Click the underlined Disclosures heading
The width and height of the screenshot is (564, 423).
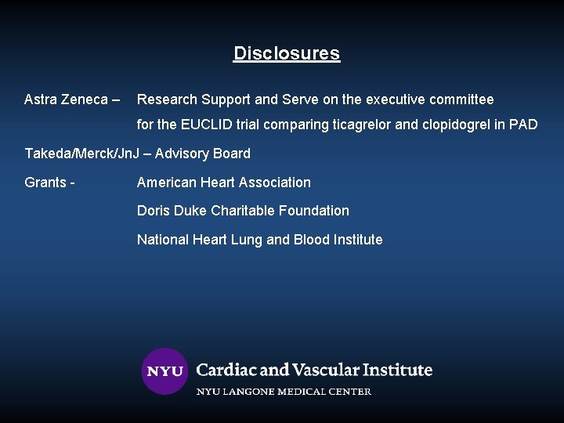[x=287, y=54]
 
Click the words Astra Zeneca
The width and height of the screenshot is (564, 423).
[x=65, y=99]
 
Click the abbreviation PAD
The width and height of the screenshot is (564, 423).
[x=523, y=125]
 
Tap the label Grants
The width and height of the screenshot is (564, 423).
[x=45, y=183]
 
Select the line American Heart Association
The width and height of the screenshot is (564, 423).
[x=224, y=183]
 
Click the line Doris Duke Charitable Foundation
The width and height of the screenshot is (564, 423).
[x=243, y=211]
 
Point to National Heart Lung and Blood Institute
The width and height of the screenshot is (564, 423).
[x=260, y=240]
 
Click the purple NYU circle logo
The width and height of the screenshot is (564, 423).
[x=164, y=371]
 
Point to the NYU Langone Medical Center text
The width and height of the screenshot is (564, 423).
[x=284, y=391]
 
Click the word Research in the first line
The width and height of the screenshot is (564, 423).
[x=167, y=99]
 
